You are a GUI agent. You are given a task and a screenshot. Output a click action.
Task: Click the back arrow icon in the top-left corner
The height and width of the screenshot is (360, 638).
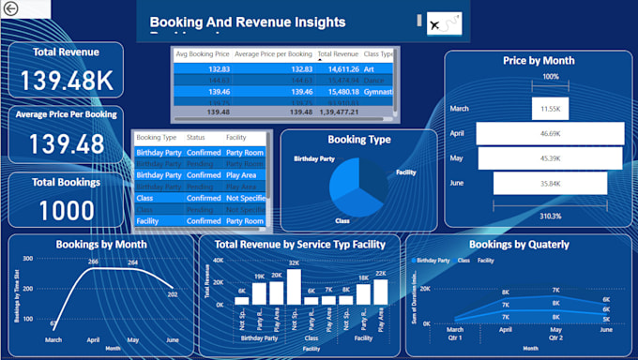(x=9, y=7)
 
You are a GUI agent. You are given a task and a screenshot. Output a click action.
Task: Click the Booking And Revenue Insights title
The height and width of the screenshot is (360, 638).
(x=248, y=22)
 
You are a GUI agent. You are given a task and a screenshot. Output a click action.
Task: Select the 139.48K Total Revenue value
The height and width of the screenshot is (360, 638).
(x=67, y=81)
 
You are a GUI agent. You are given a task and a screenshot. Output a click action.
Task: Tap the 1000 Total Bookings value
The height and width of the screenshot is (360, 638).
(x=67, y=209)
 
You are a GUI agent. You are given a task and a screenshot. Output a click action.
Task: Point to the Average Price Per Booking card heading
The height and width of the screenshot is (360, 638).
(x=67, y=114)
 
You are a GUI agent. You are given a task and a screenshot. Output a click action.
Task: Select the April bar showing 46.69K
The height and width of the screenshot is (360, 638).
(x=550, y=134)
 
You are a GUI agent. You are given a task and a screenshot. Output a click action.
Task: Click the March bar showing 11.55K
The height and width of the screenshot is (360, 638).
(x=550, y=109)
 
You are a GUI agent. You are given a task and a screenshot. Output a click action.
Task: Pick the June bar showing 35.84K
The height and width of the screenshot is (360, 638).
(x=550, y=183)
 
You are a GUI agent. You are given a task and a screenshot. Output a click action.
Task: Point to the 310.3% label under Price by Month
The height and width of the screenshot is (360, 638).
(x=550, y=215)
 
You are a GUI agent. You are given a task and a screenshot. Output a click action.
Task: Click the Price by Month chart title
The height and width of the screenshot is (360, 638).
(x=539, y=60)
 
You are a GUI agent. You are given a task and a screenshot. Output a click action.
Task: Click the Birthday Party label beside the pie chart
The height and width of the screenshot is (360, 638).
(x=314, y=159)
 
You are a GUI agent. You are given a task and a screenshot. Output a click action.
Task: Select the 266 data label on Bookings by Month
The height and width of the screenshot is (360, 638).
(x=94, y=262)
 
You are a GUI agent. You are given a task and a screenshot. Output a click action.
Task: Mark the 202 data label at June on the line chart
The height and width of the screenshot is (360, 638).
(x=172, y=294)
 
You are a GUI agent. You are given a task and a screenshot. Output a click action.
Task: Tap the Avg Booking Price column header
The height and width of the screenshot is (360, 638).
(x=203, y=55)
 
